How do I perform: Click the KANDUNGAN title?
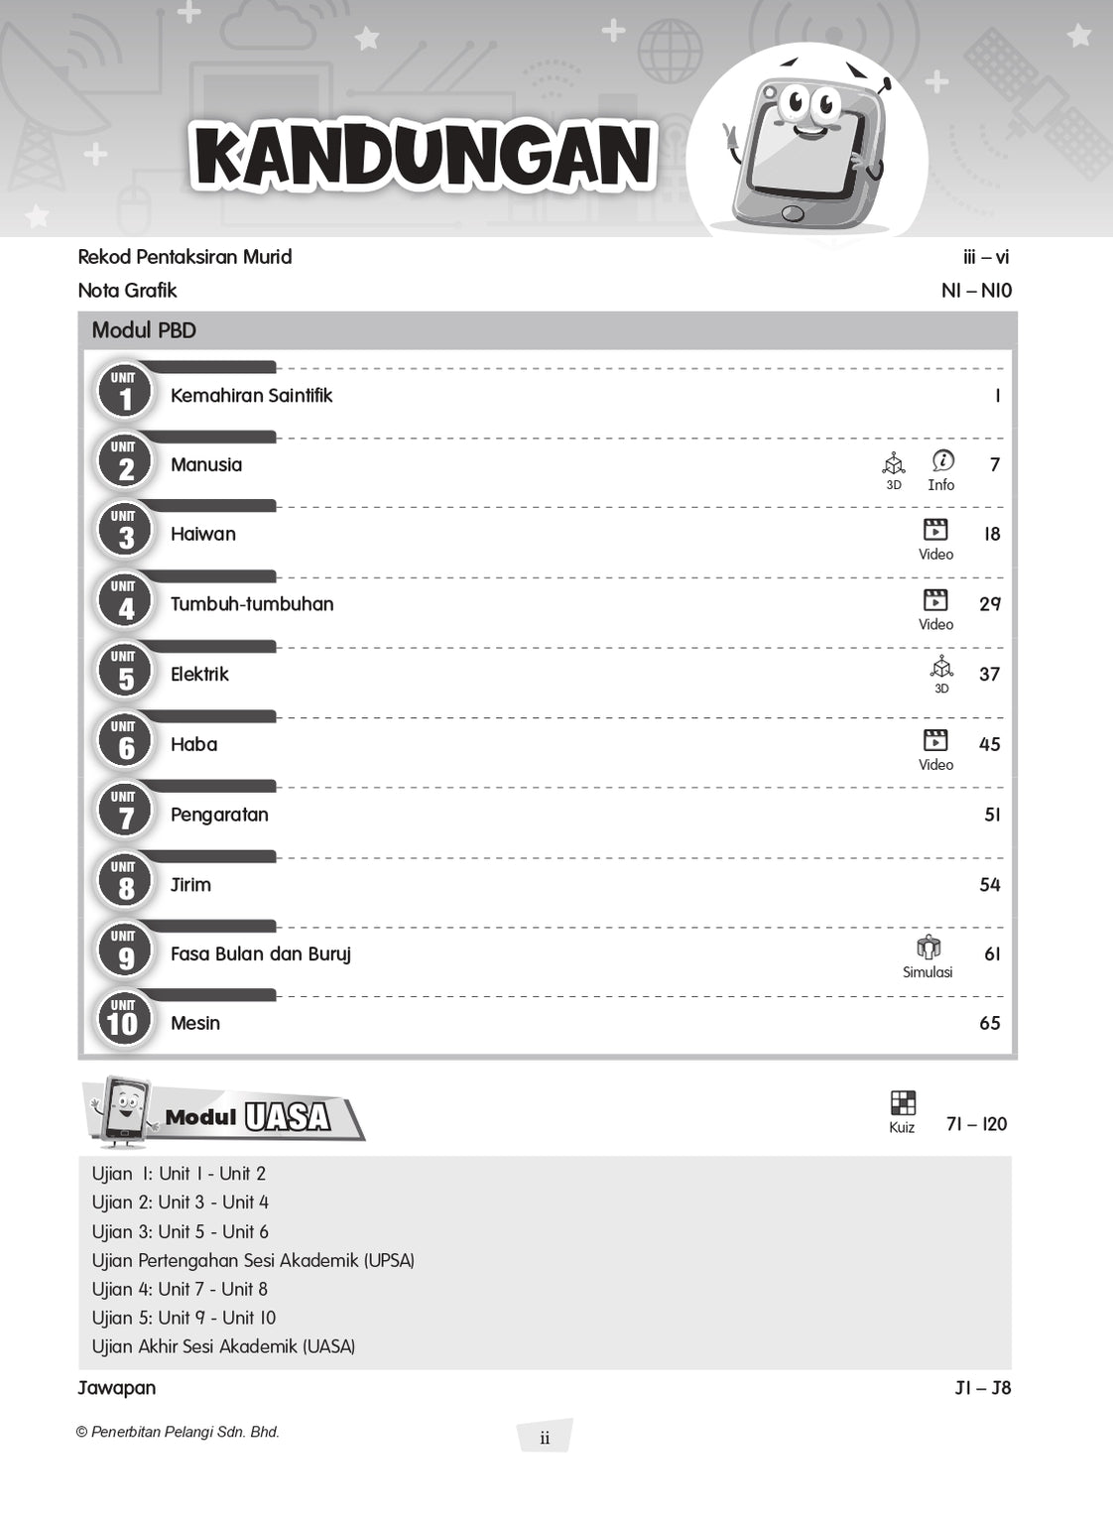(x=424, y=156)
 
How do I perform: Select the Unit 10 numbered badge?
(x=124, y=1019)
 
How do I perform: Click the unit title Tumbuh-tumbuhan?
(x=252, y=604)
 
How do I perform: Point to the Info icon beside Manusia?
(x=942, y=461)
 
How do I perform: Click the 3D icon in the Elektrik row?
(x=941, y=668)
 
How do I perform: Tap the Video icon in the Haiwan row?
(x=935, y=530)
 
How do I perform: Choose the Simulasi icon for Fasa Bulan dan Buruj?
(x=928, y=948)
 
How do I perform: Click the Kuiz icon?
(x=903, y=1103)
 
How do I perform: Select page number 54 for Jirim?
(x=990, y=885)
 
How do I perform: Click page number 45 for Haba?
(x=990, y=744)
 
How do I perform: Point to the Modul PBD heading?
(x=144, y=330)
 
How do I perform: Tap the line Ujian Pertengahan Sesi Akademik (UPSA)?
(x=253, y=1260)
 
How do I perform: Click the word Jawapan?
(x=117, y=1388)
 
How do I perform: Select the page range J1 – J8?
(x=982, y=1388)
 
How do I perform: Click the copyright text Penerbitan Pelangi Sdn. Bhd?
(x=179, y=1432)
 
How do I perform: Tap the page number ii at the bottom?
(x=545, y=1438)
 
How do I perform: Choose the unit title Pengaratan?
(x=219, y=815)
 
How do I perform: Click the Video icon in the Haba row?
(x=935, y=740)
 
